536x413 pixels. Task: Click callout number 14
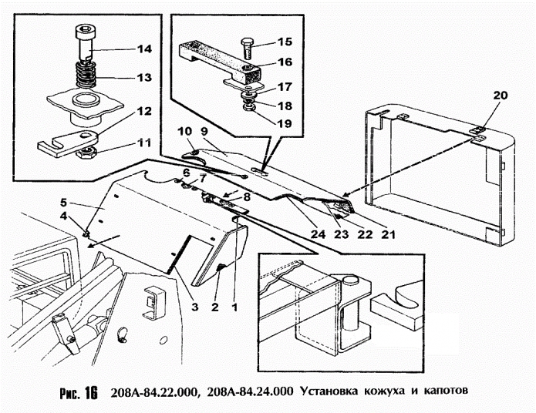tap(143, 49)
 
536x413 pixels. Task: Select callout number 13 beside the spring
tap(143, 77)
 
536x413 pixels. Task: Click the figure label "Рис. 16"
tap(77, 392)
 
